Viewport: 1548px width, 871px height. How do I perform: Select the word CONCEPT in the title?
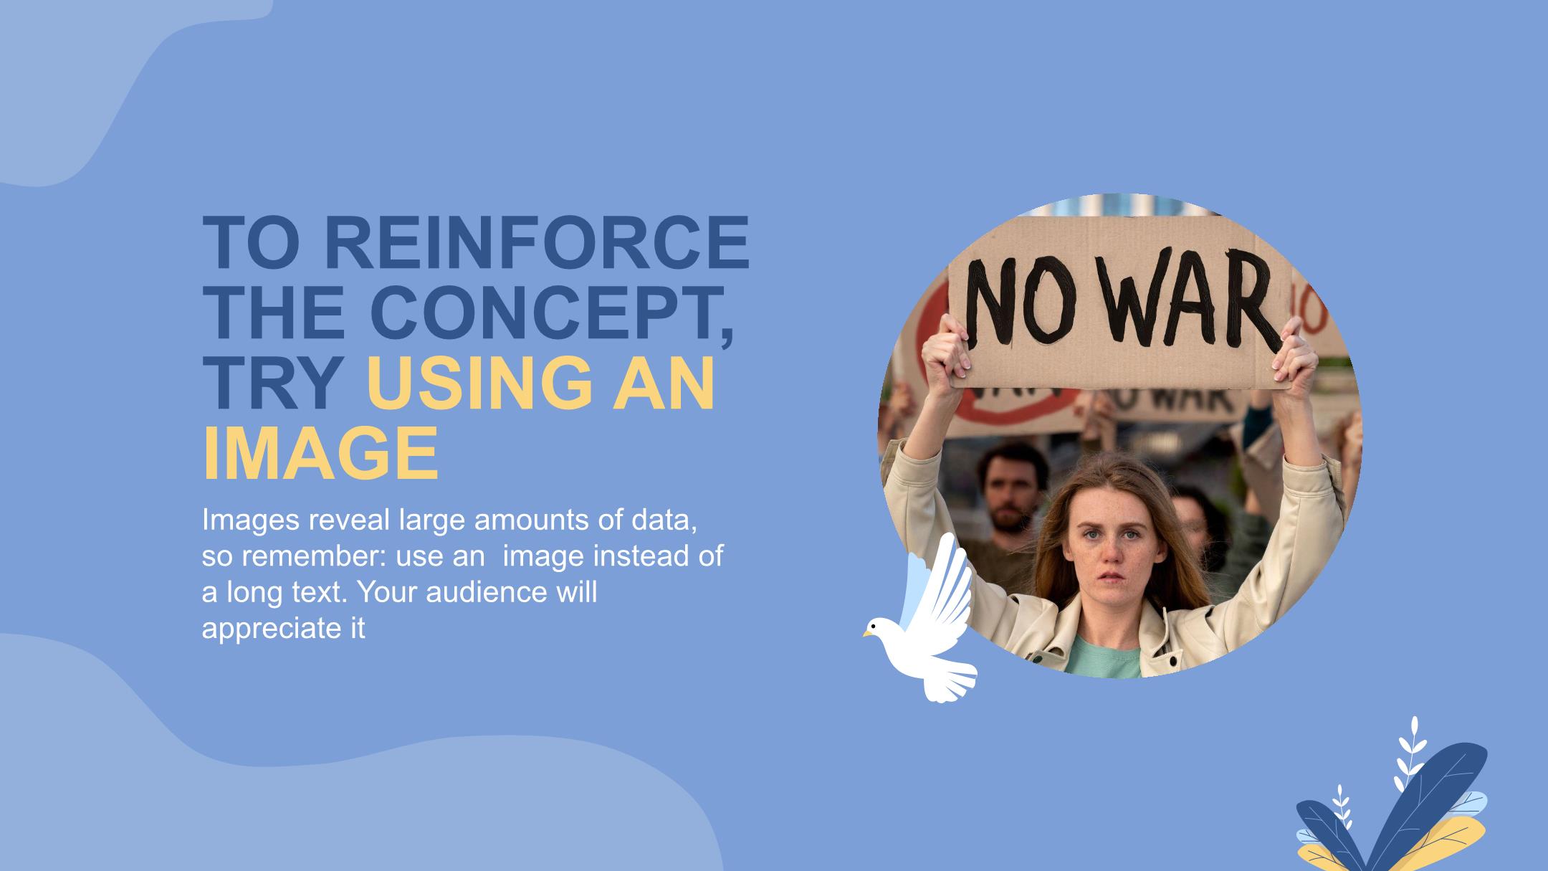(553, 313)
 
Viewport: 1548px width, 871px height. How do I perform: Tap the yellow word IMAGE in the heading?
(320, 454)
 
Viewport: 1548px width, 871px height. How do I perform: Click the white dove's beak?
(867, 634)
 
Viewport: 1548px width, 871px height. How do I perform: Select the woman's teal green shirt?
(1104, 656)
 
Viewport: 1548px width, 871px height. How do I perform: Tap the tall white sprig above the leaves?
(1409, 753)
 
